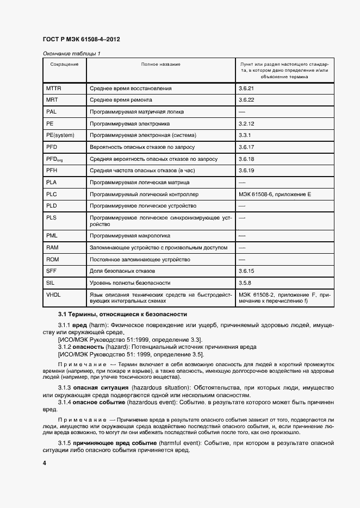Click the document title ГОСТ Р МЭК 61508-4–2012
(x=81, y=40)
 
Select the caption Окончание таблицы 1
(x=71, y=53)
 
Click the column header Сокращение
(x=64, y=65)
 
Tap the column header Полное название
(x=160, y=65)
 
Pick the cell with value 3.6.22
(x=246, y=100)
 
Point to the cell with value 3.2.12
(x=246, y=123)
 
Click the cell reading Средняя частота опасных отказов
(x=150, y=171)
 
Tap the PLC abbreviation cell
(x=52, y=195)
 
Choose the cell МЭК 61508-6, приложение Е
(x=274, y=195)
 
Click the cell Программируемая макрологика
(x=130, y=236)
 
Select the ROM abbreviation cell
(x=52, y=259)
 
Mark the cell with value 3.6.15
(x=246, y=271)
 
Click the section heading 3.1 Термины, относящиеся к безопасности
(x=122, y=314)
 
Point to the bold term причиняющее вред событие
(x=113, y=443)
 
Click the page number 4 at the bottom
(x=45, y=463)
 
